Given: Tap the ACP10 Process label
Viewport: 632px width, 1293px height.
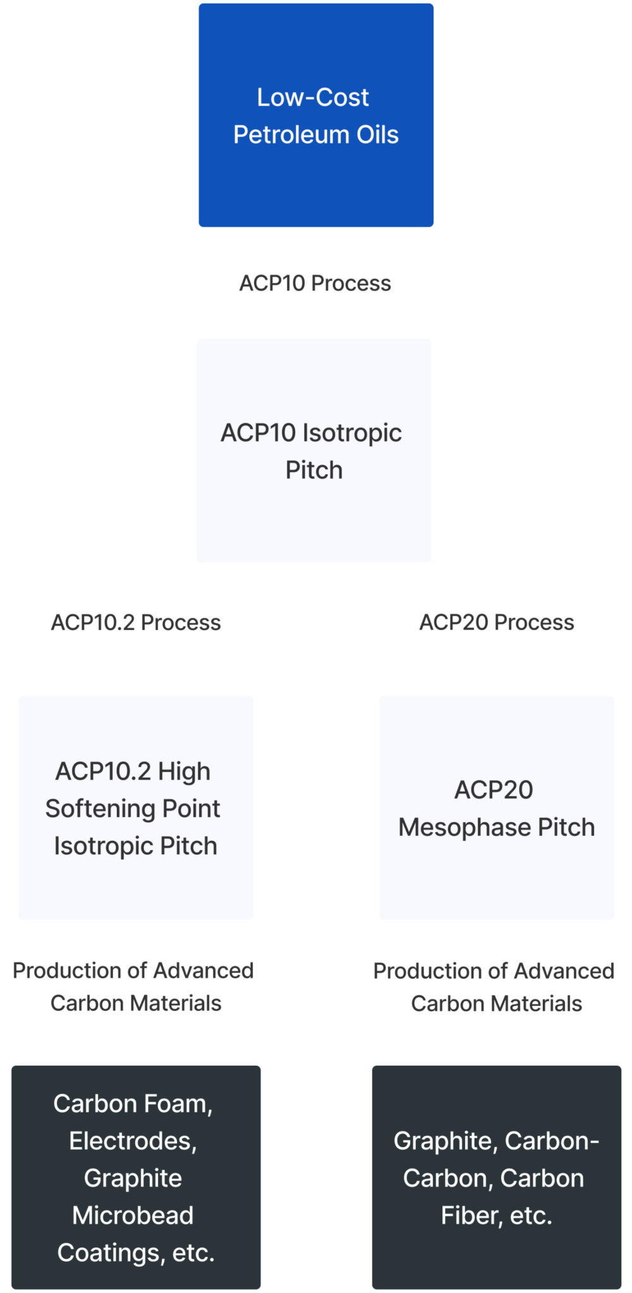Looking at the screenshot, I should [x=315, y=283].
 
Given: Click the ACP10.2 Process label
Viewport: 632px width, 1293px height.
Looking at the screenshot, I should [x=136, y=622].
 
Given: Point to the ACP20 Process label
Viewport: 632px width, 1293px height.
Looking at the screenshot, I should [x=497, y=622].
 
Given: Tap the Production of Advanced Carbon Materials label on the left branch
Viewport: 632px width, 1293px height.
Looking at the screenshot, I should [x=136, y=986].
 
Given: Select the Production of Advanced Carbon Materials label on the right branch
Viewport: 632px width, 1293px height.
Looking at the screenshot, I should [x=496, y=987].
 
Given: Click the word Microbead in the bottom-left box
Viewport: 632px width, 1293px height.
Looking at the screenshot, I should [x=133, y=1215].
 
